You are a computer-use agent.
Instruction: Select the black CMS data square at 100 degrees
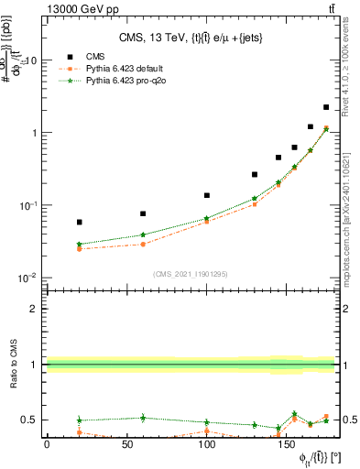pos(207,195)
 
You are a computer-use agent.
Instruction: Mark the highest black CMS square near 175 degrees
pos(326,107)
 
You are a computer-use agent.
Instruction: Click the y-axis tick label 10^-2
pos(29,278)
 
